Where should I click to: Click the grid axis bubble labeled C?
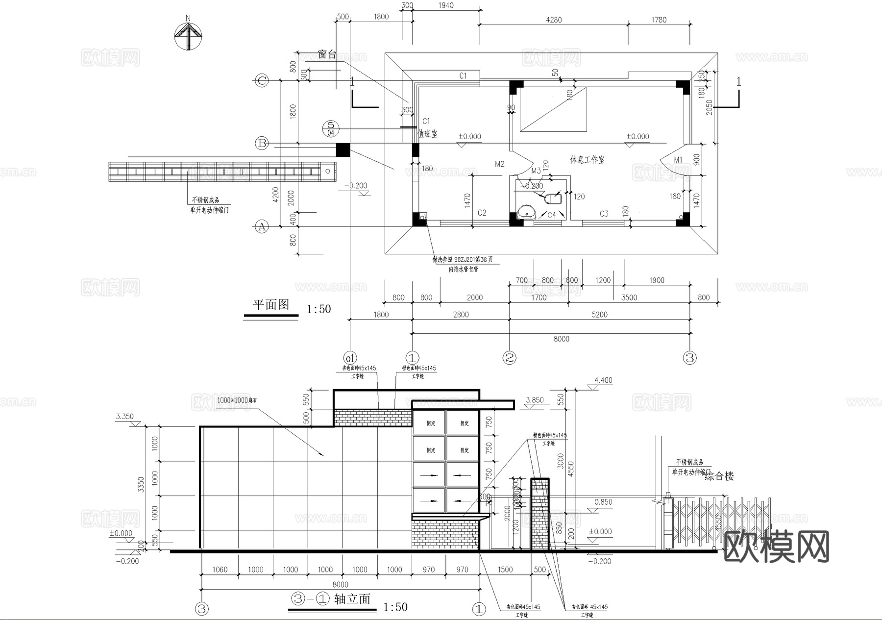[262, 81]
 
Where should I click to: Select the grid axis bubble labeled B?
[262, 143]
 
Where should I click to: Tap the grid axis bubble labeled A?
[262, 226]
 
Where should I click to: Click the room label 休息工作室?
[587, 160]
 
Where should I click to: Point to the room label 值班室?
[427, 134]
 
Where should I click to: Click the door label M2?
[499, 164]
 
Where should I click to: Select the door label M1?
[678, 160]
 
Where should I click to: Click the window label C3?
[604, 214]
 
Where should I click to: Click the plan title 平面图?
[270, 305]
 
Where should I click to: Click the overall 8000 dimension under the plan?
[561, 339]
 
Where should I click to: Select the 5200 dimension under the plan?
[599, 315]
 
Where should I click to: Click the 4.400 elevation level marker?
[603, 380]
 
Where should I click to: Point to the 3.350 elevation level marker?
[124, 417]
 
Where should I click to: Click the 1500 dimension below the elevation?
[505, 570]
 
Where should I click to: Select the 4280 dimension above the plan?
[553, 20]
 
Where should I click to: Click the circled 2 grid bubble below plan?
[510, 358]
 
